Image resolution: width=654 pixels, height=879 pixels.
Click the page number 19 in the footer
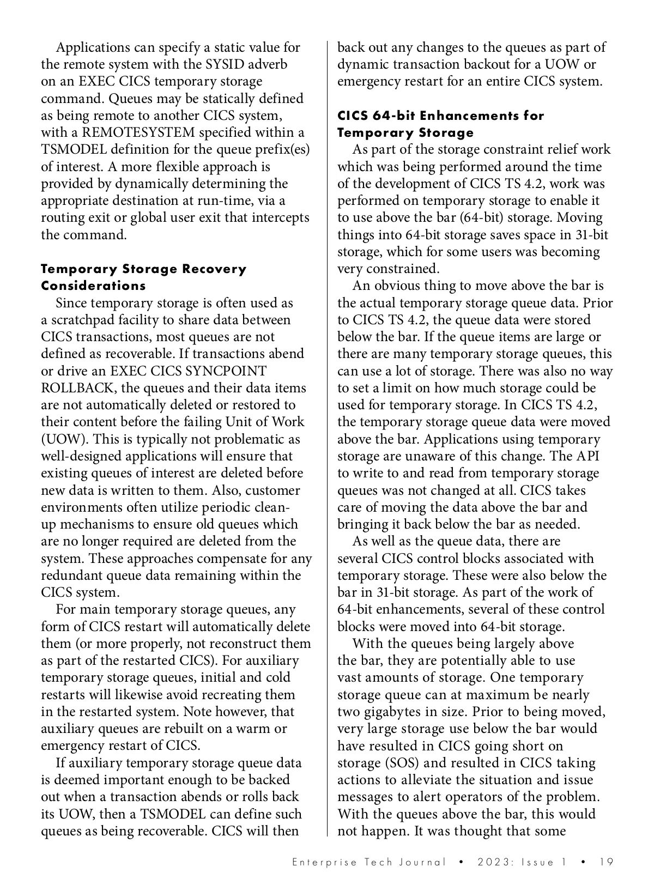[x=606, y=862]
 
